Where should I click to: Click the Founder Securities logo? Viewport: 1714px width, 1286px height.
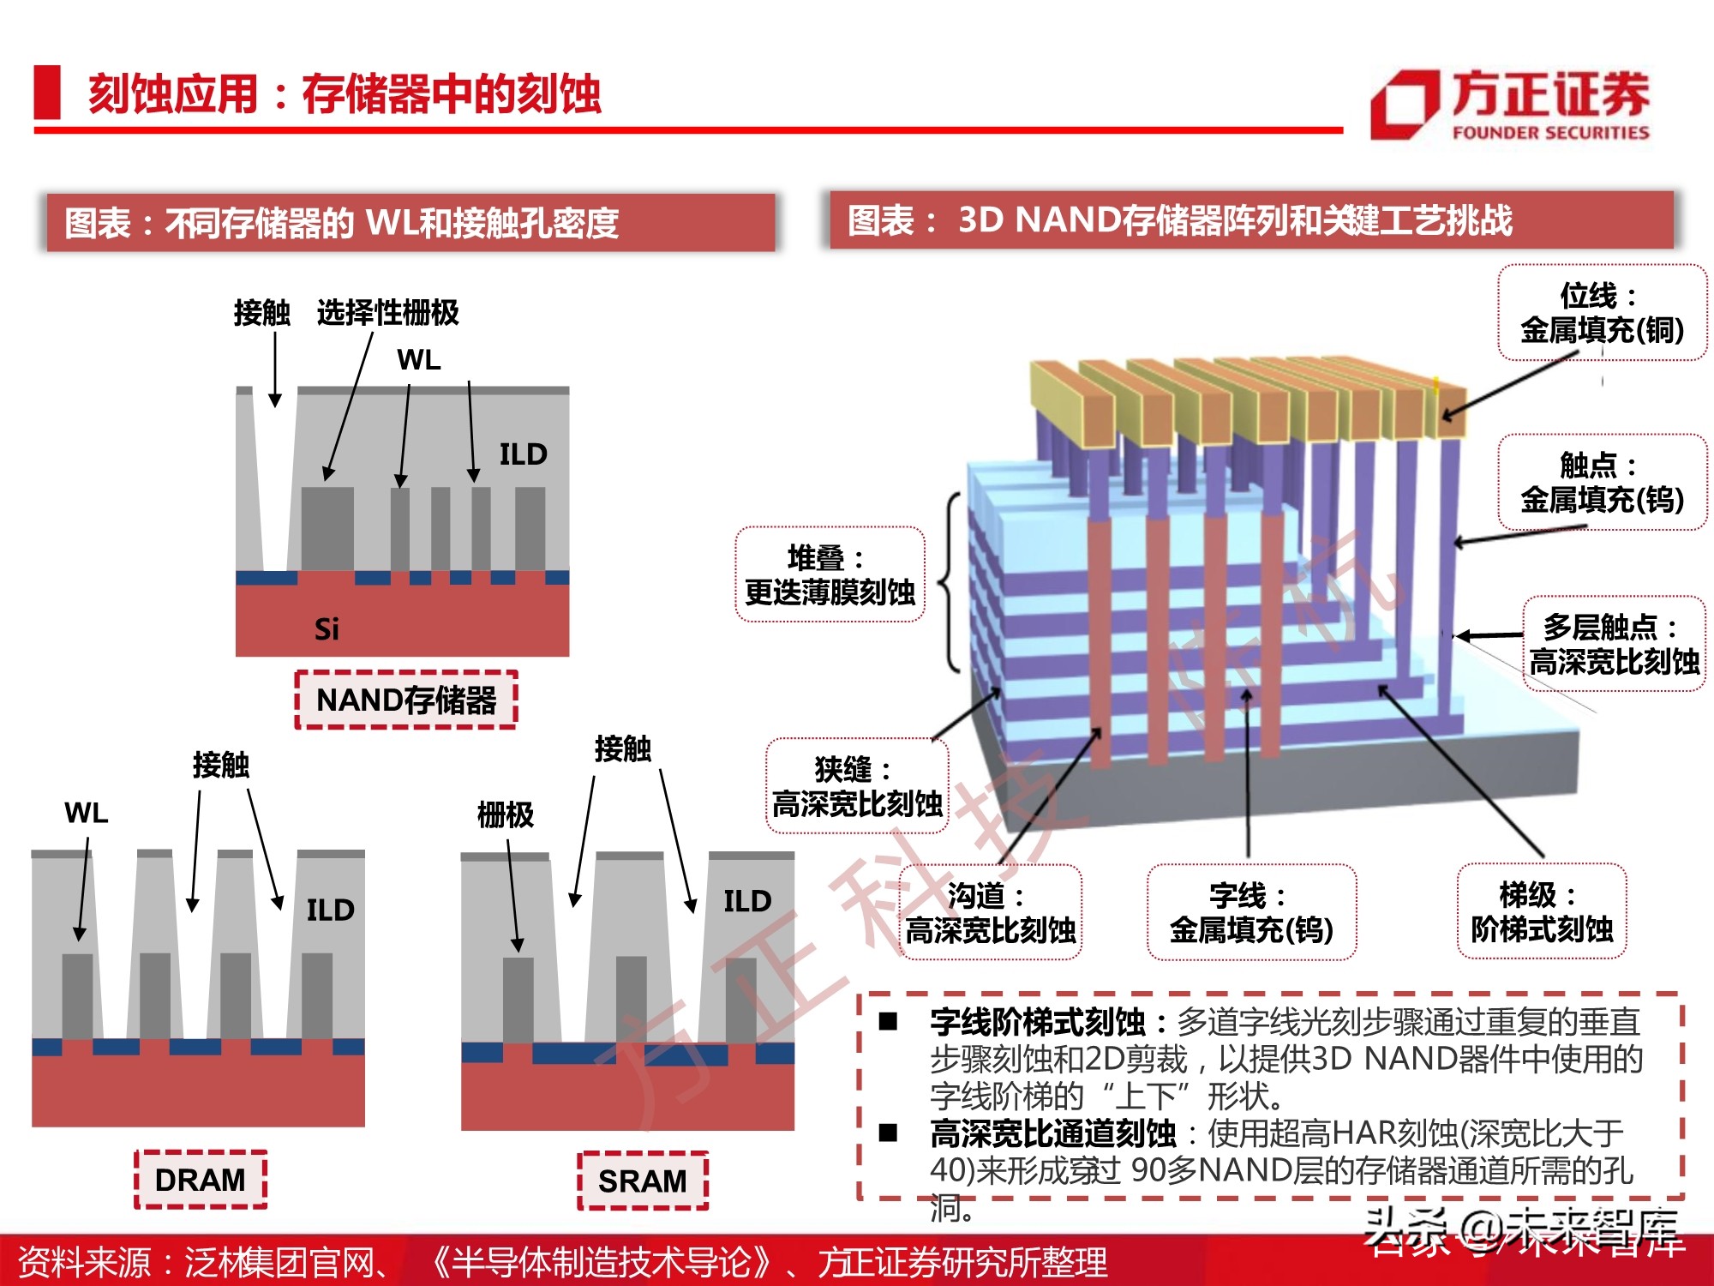tap(1509, 105)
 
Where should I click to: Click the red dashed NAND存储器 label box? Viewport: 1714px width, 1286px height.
tap(406, 700)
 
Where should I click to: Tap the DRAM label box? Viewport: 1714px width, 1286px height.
tap(201, 1180)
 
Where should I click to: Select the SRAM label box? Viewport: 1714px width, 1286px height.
tap(643, 1181)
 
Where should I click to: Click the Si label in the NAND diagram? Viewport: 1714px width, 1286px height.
tap(327, 629)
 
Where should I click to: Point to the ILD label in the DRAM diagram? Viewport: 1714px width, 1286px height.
tap(330, 910)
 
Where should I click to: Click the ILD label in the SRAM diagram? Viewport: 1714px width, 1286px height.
tap(747, 901)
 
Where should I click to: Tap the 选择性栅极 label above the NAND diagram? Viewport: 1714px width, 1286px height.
tap(387, 313)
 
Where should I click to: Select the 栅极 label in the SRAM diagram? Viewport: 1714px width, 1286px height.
tap(506, 814)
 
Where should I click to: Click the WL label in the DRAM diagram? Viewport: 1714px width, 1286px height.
tap(87, 813)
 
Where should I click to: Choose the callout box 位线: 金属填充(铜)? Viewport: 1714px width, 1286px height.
tap(1602, 313)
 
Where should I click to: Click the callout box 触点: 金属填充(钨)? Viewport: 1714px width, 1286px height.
tap(1602, 483)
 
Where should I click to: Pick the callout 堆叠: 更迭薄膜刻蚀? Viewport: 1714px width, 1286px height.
tap(830, 574)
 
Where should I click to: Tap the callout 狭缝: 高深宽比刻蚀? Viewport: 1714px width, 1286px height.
tap(857, 786)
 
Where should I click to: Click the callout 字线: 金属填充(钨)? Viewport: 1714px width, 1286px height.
tap(1251, 912)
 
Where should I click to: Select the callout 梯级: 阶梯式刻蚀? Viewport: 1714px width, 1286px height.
tap(1541, 911)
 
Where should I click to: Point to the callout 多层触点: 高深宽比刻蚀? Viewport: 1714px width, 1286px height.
tap(1614, 644)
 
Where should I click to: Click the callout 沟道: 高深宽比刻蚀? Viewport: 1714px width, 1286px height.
tap(990, 912)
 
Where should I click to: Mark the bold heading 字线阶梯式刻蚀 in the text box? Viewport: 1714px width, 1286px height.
tap(1037, 1022)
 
